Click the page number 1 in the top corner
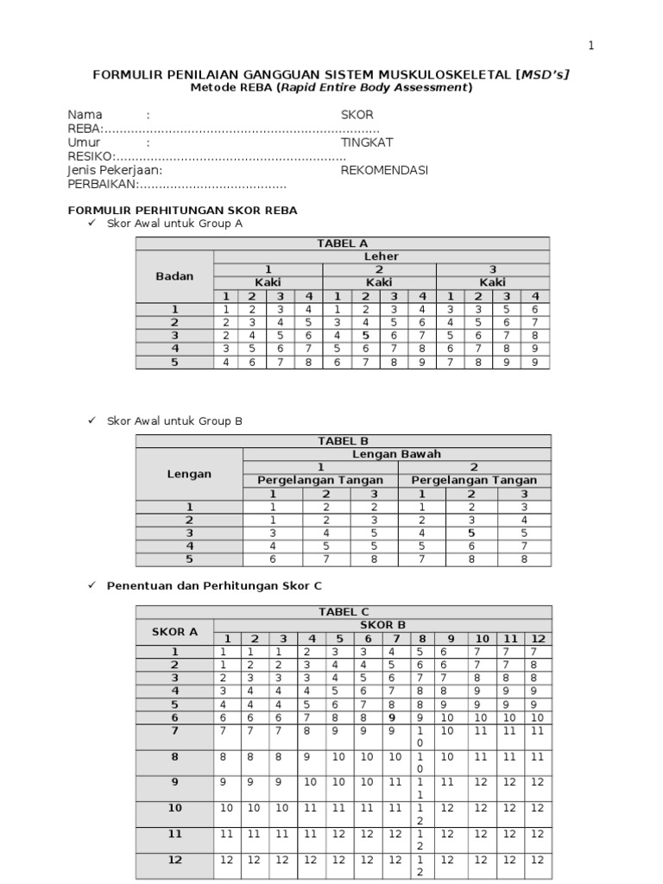tap(591, 46)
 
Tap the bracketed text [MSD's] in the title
tap(542, 75)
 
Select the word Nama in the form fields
tap(85, 115)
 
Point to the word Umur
tap(84, 142)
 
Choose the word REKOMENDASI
tap(384, 170)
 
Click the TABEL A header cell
tap(343, 243)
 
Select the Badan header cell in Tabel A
tap(174, 276)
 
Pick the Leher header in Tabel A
tap(381, 256)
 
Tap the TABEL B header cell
tap(343, 441)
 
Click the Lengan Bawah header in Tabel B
tap(396, 454)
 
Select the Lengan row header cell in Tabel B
tap(189, 474)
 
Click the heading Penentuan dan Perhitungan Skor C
tap(214, 584)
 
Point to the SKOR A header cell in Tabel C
tap(174, 632)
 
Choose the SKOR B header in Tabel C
tap(381, 625)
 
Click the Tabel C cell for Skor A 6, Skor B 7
tap(393, 717)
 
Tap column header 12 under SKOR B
tap(537, 639)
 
